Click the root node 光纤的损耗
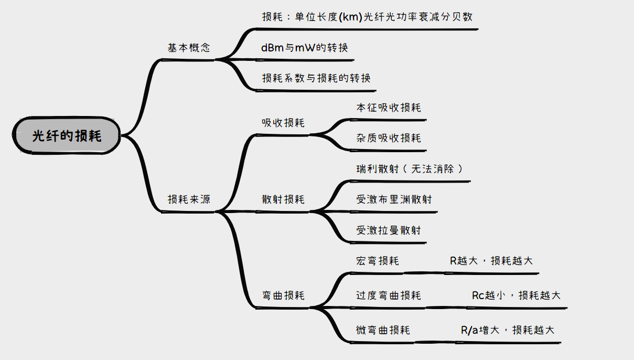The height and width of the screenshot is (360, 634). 67,136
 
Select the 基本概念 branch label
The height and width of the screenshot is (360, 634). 189,48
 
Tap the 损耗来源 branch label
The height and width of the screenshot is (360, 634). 189,199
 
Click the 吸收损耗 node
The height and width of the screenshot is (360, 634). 283,123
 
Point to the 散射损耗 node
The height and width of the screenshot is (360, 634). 283,199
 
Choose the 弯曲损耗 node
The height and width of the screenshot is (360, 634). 283,295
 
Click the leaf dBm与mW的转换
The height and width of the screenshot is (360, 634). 304,48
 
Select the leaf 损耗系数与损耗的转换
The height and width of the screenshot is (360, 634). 316,78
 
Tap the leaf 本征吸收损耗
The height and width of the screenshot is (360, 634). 388,108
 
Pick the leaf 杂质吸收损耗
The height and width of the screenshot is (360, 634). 388,138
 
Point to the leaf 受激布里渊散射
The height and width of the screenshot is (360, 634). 394,199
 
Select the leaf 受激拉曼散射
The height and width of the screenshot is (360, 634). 388,230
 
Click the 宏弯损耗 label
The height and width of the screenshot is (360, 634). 377,261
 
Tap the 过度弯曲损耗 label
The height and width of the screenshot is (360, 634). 388,295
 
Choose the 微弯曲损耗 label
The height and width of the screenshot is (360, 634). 383,330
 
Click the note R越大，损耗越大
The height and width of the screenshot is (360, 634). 491,261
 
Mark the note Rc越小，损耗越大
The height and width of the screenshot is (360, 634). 515,295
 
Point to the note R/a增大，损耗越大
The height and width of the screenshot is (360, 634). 507,330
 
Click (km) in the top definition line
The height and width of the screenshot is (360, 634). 351,16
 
